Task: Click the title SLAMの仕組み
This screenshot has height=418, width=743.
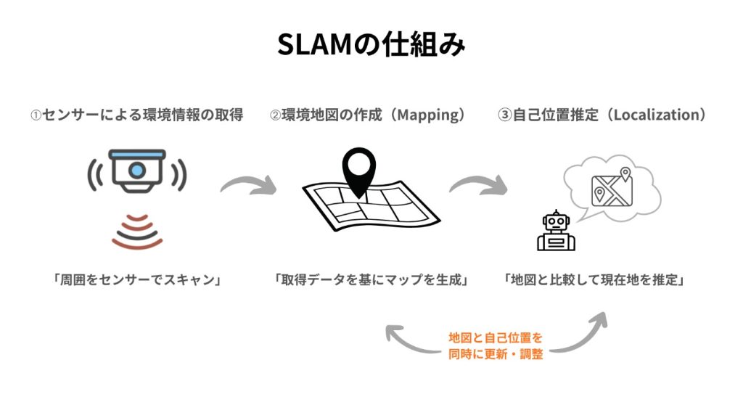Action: coord(371,45)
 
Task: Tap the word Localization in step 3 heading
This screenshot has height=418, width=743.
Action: coord(656,115)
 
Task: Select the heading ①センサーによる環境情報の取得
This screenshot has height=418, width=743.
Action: coord(136,115)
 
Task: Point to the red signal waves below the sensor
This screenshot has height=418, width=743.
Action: coord(137,231)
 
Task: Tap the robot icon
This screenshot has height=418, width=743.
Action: coord(556,231)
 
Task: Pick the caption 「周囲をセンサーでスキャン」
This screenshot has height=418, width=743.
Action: coord(137,279)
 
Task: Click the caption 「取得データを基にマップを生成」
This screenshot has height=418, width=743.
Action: coord(371,279)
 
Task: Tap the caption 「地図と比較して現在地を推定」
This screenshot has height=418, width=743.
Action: coord(594,279)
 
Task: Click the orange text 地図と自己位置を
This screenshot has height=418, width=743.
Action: coord(496,338)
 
